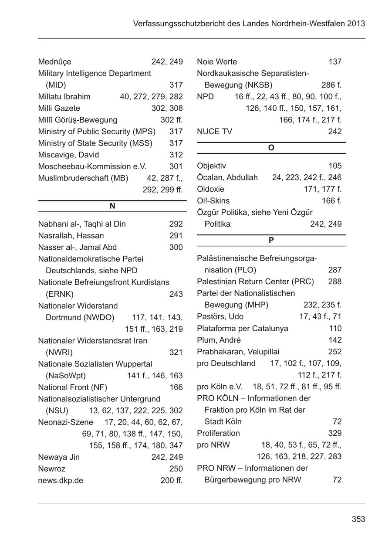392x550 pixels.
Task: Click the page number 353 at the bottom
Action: tap(358, 519)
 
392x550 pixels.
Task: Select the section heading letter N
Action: tap(112, 206)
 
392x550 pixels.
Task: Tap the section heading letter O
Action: tap(271, 148)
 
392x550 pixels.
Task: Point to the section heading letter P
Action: tap(271, 241)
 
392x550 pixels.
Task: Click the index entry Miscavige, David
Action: tap(68, 155)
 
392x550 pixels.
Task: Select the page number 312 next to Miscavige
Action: tap(176, 155)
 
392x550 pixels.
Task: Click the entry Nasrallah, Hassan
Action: tap(71, 236)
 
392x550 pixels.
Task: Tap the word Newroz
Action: tap(51, 469)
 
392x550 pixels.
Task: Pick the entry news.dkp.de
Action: tap(61, 481)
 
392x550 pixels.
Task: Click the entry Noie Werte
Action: tap(217, 62)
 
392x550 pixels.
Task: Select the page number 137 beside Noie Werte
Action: tap(335, 62)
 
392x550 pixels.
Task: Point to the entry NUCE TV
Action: tap(214, 132)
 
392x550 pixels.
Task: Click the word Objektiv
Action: tap(211, 166)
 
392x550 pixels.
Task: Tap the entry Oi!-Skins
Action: tap(213, 201)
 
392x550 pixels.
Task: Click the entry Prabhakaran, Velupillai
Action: tap(238, 352)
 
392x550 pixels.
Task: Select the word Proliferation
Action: tap(218, 433)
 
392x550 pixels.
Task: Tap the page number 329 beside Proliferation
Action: tap(335, 433)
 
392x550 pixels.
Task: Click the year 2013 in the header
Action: tap(356, 24)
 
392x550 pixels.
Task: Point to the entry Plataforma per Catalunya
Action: tap(242, 328)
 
